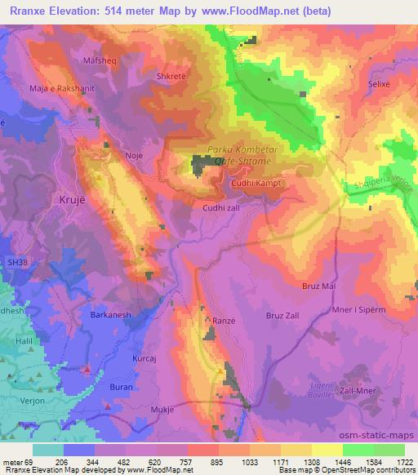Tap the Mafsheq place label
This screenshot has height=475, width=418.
(100, 60)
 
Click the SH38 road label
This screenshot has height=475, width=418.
(16, 264)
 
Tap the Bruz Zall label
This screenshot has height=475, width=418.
(285, 315)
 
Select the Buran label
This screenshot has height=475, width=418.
(99, 386)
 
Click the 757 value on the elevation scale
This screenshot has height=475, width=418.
(188, 460)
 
